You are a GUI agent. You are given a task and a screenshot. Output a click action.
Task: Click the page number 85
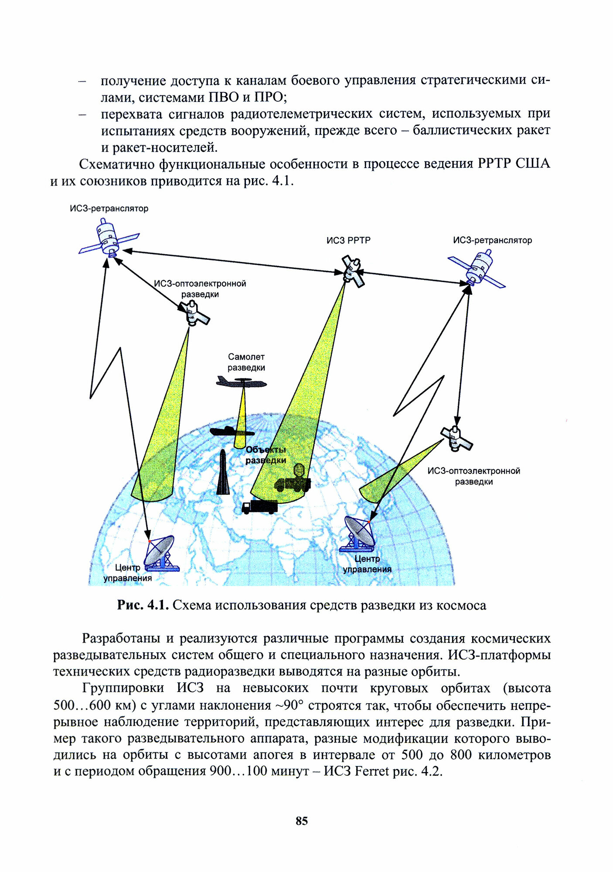302,821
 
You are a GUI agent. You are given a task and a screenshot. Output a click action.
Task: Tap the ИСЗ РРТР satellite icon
353,271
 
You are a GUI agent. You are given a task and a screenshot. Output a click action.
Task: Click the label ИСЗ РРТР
348,240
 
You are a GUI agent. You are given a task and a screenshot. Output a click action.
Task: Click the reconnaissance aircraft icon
242,383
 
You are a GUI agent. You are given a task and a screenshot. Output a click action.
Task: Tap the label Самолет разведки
246,362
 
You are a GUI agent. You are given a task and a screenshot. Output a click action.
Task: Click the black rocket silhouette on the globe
223,473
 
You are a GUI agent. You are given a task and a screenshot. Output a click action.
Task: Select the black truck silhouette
260,507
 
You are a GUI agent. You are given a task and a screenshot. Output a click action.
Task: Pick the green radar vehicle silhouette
293,480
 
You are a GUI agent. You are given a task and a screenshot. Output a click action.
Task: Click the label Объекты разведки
266,455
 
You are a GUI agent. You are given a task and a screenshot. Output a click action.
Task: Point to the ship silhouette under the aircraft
232,432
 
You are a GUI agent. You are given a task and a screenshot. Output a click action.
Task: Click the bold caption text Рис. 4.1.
143,605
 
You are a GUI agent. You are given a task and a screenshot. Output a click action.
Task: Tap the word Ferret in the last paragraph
371,771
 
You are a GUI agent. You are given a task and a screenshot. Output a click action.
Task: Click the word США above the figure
532,164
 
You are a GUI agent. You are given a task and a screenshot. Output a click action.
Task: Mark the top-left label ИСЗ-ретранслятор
109,208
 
